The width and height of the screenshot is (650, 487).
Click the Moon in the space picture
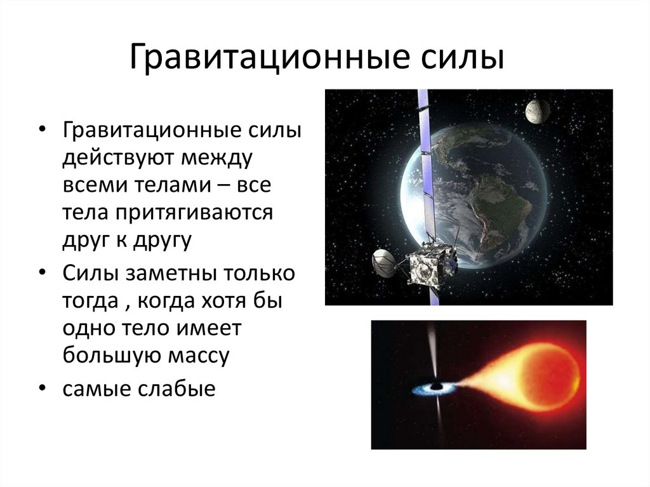pos(537,111)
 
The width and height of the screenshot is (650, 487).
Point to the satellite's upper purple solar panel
pos(424,127)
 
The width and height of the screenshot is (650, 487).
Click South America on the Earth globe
pos(501,210)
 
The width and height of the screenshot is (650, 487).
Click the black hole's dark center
pos(436,387)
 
